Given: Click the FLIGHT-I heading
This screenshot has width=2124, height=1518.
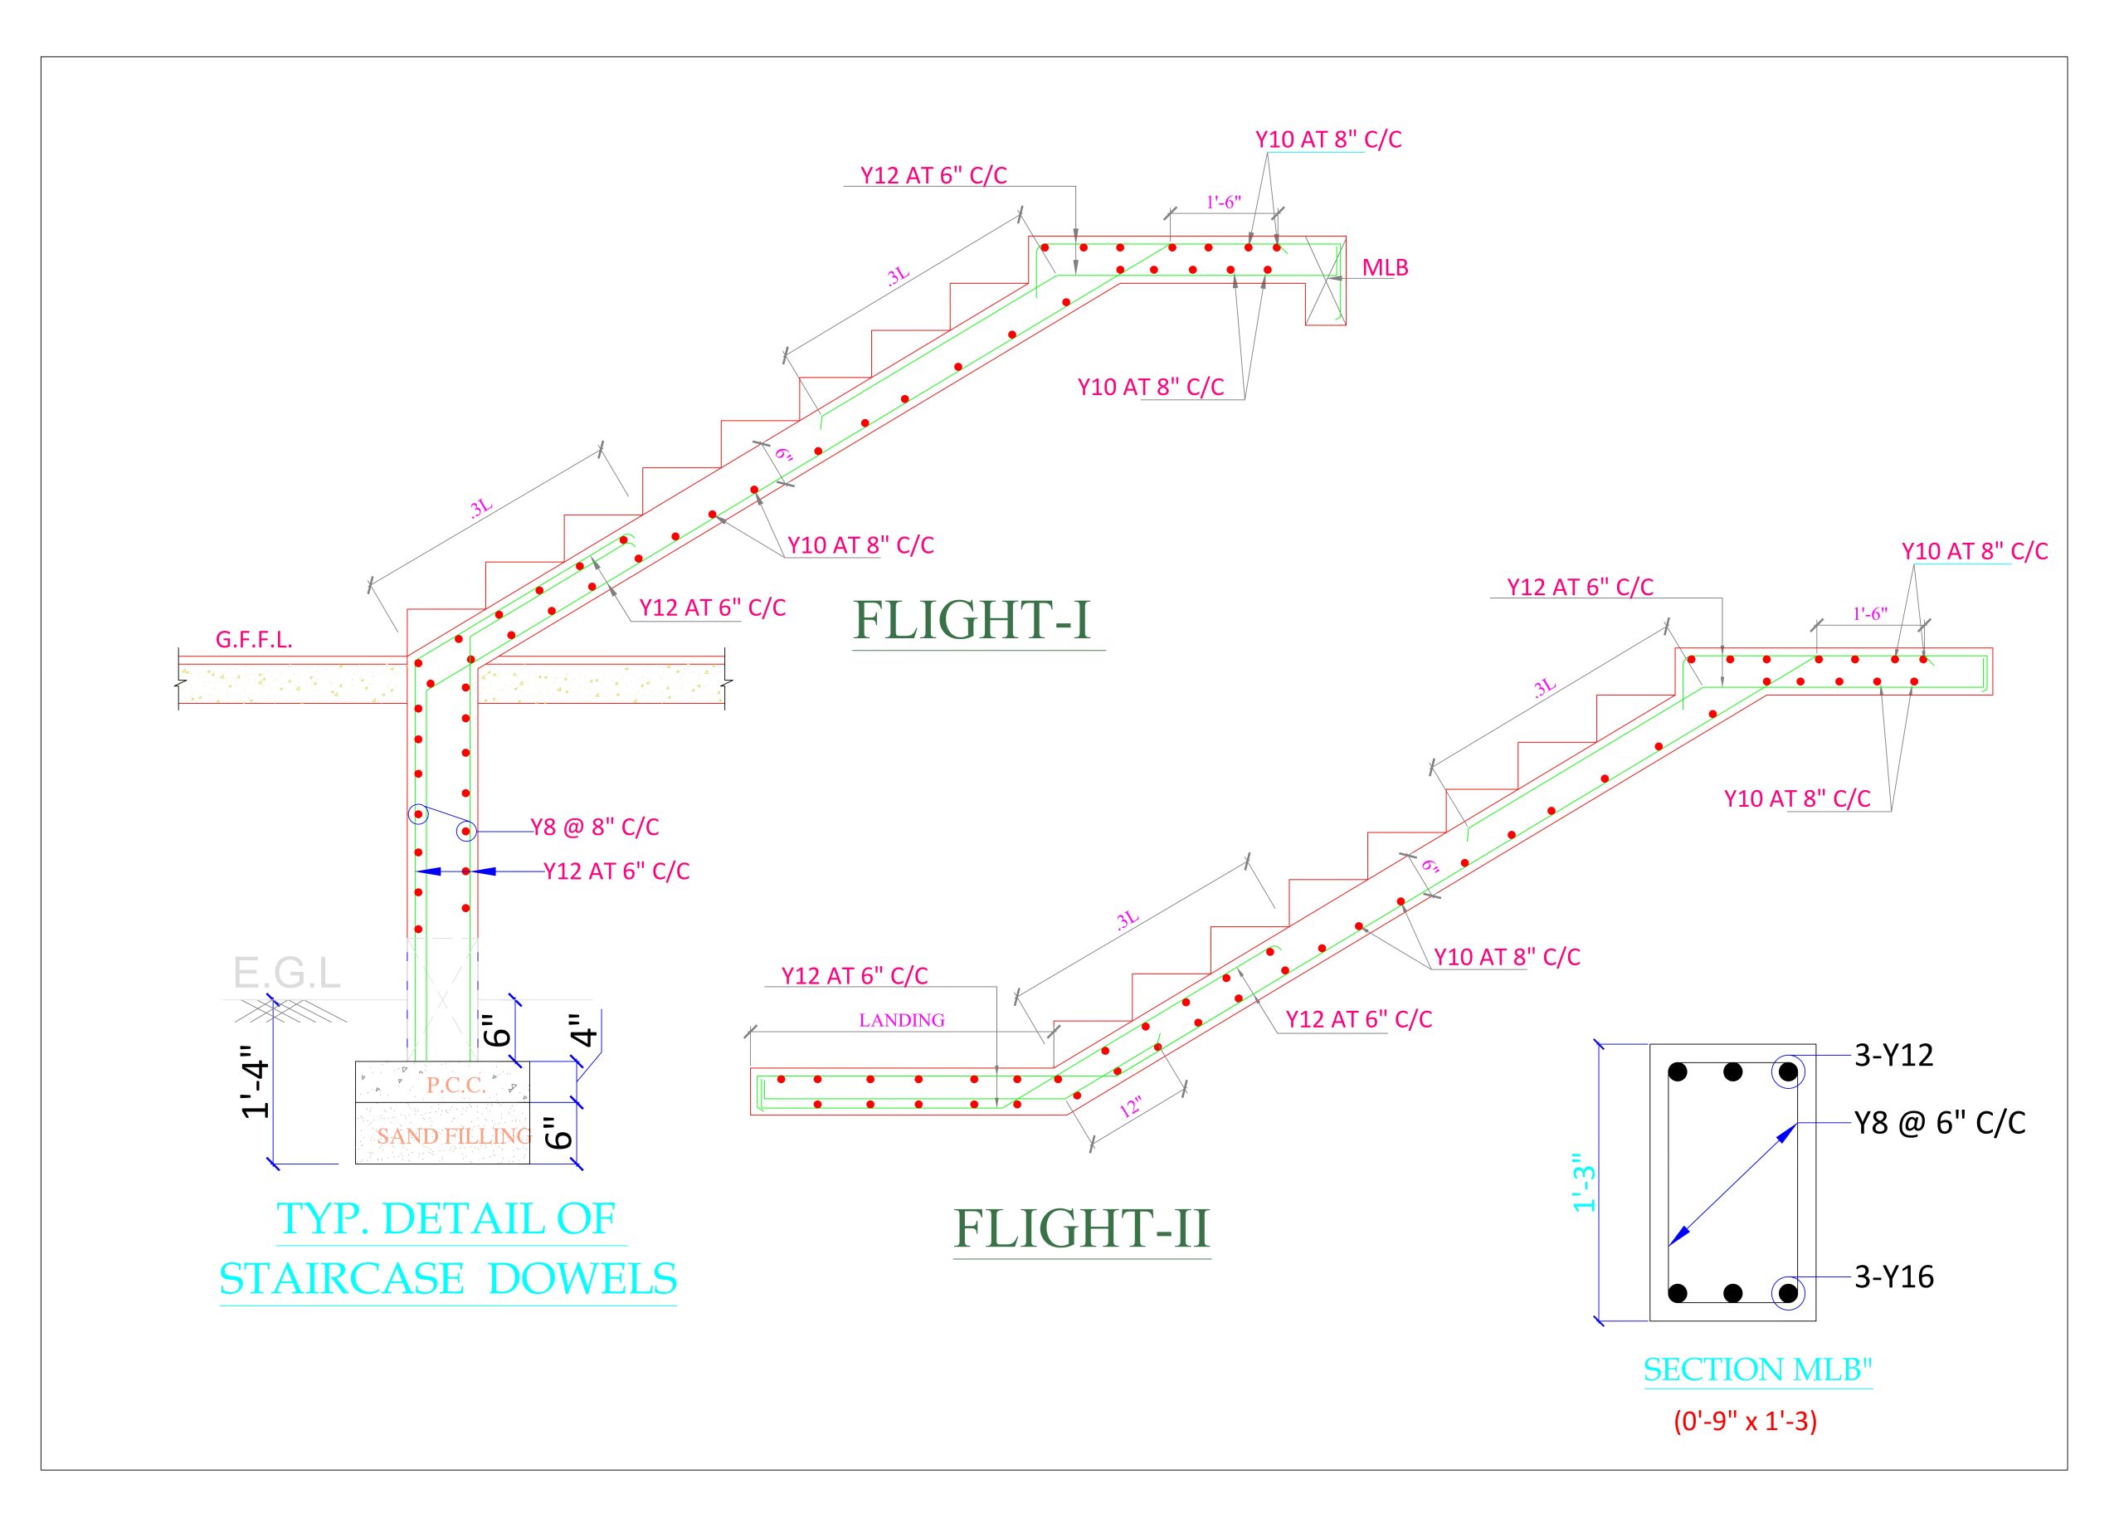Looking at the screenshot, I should [971, 621].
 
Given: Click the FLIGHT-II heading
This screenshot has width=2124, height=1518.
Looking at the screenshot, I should [1080, 1228].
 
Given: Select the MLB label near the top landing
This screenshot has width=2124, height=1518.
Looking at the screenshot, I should [1384, 267].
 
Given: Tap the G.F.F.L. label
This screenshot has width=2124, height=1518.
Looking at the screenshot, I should [253, 639].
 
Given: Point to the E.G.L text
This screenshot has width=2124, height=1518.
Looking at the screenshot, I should [286, 973].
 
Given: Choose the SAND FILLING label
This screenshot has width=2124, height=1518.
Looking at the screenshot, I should [453, 1135].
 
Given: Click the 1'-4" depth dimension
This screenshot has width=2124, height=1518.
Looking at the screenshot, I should [255, 1088].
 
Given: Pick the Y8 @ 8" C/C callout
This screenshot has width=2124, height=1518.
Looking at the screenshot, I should [594, 827].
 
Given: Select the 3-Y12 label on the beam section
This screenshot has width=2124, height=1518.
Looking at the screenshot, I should [1893, 1056].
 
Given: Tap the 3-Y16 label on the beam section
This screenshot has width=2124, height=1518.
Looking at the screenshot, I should [1893, 1276].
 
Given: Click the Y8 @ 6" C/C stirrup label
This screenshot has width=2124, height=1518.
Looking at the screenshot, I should [1939, 1123].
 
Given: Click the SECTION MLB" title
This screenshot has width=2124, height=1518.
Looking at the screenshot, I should [1758, 1370].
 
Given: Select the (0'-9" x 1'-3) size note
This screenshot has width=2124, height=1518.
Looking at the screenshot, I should [1745, 1422].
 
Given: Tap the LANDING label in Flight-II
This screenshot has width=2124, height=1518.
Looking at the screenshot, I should [901, 1020].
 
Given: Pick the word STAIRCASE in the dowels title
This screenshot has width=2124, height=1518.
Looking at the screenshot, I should [342, 1279].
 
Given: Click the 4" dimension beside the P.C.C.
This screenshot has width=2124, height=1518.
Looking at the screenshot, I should [583, 1030].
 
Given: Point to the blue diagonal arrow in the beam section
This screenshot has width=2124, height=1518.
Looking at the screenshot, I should [1732, 1184].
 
